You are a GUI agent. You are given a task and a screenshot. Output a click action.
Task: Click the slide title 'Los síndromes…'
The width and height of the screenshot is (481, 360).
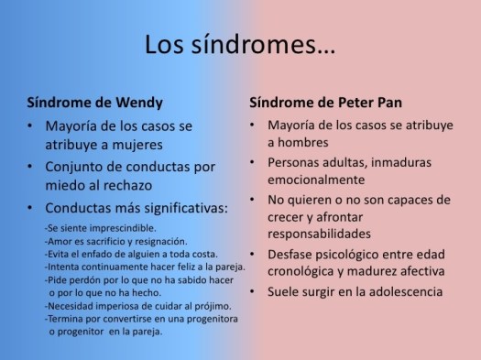(239, 43)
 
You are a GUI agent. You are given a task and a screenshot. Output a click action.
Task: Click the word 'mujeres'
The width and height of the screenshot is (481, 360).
(141, 144)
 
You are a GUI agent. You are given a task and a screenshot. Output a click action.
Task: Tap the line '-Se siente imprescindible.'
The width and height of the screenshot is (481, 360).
(99, 227)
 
